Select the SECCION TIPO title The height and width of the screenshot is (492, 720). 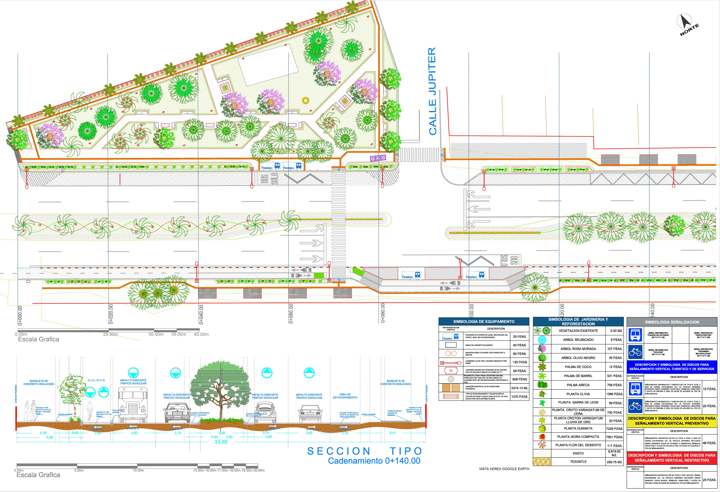[365, 451]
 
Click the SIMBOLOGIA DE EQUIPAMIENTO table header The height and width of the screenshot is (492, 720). [484, 321]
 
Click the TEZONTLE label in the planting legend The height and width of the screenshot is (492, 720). [578, 462]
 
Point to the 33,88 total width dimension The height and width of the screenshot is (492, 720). [221, 442]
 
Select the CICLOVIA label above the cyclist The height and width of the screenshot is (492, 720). [96, 380]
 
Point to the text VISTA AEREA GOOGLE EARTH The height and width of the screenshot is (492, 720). [504, 469]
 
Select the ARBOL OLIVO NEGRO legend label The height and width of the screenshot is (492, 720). [578, 358]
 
